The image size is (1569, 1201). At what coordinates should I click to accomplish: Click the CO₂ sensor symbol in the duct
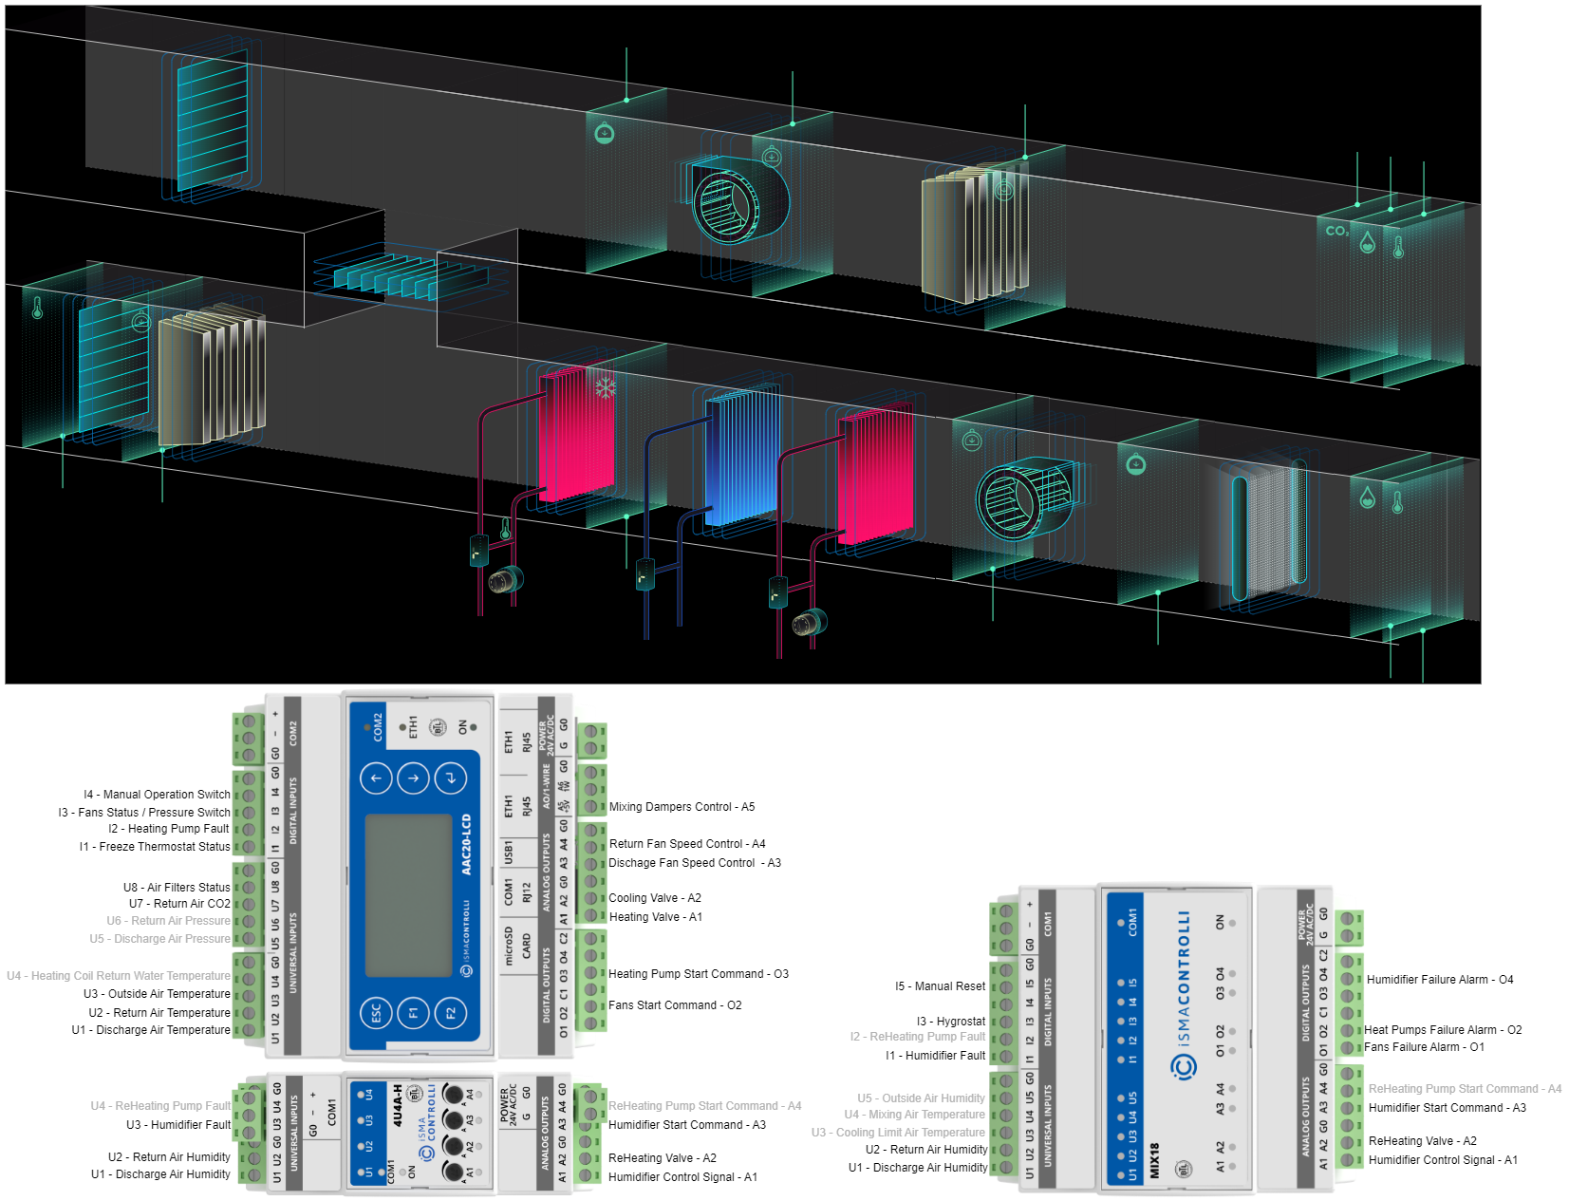point(1336,231)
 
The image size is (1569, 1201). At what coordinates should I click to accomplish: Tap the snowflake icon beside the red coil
point(605,387)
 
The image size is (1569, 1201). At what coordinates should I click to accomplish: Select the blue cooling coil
point(743,459)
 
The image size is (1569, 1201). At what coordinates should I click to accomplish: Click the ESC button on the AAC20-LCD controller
point(375,1013)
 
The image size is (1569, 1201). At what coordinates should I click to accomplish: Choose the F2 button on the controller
point(450,1013)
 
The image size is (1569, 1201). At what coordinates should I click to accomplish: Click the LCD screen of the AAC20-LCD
point(409,894)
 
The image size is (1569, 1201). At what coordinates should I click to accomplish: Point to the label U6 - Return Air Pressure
point(168,921)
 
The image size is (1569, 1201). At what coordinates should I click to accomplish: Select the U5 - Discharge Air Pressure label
point(159,939)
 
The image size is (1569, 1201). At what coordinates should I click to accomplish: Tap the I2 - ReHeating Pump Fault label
point(917,1037)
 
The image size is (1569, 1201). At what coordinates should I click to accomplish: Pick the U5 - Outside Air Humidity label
point(921,1098)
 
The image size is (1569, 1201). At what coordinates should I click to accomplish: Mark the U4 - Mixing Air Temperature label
point(914,1115)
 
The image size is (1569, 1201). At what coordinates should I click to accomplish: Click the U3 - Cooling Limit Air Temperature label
point(897,1133)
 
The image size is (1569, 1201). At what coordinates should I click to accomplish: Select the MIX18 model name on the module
point(1155,1160)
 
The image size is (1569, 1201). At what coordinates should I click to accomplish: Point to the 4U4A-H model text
point(398,1105)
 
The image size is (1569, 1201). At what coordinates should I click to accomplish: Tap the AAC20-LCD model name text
point(466,844)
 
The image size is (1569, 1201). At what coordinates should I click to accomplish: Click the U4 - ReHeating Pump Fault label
point(160,1106)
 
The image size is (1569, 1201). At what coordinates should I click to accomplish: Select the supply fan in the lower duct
point(1025,497)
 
